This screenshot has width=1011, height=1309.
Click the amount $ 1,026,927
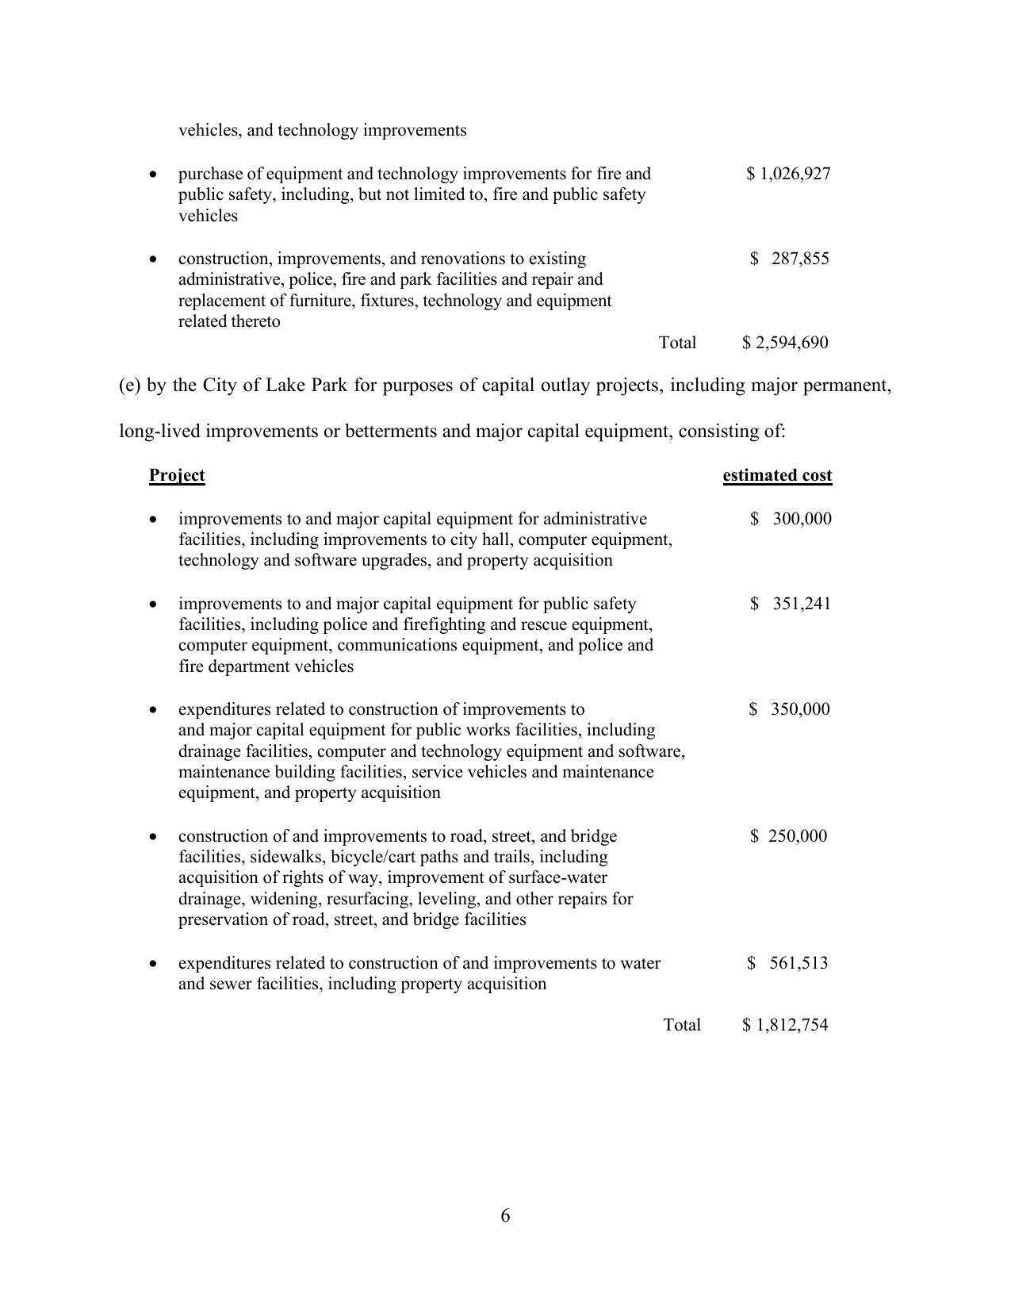tap(788, 174)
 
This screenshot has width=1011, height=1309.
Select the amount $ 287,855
tap(790, 259)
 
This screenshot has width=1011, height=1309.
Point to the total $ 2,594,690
tap(785, 343)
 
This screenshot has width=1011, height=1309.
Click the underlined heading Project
tap(177, 475)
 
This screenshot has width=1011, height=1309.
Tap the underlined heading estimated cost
tap(777, 475)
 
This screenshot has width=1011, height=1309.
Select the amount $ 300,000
tap(791, 519)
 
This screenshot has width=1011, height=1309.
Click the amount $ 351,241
tap(791, 604)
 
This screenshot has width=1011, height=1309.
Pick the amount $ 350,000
tap(789, 709)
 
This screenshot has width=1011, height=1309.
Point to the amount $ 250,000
tap(788, 836)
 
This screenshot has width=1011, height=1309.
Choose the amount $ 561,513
tap(787, 963)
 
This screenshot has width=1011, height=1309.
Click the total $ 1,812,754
tap(785, 1025)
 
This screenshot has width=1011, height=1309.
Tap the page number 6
tap(505, 1215)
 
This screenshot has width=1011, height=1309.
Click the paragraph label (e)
tap(130, 386)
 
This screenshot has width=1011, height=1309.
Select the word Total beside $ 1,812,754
tap(682, 1025)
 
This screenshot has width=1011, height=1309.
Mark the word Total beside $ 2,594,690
tap(677, 343)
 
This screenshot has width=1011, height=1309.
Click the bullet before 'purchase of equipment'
tap(153, 174)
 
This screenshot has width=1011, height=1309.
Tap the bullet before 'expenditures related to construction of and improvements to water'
tap(153, 963)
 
